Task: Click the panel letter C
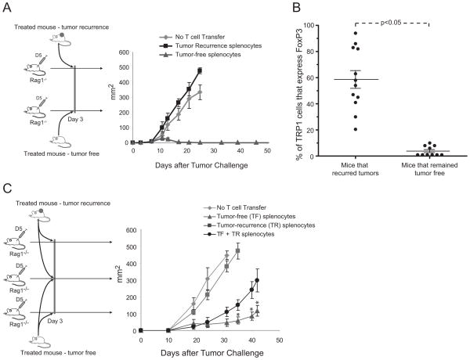coord(7,189)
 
